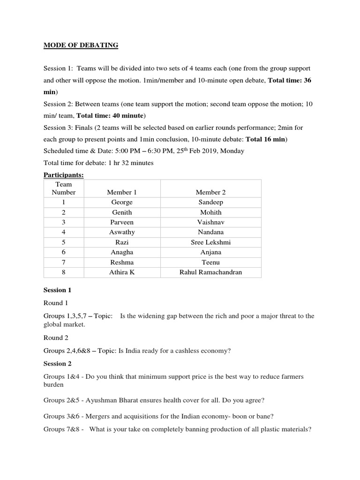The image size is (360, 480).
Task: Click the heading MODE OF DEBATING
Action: [x=81, y=45]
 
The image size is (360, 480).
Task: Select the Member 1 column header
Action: [x=122, y=192]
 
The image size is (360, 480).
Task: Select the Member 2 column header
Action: [x=210, y=192]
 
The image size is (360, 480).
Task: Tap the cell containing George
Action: [x=122, y=202]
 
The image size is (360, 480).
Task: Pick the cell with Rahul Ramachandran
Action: [x=210, y=272]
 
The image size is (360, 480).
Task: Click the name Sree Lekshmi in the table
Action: [x=210, y=242]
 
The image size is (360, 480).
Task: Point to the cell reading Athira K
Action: [x=122, y=272]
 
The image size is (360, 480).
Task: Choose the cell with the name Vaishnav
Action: [x=210, y=222]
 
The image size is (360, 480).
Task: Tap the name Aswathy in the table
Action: [x=122, y=232]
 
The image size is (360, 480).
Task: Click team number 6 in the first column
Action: [x=63, y=252]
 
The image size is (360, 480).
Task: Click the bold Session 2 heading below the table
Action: [x=58, y=364]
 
